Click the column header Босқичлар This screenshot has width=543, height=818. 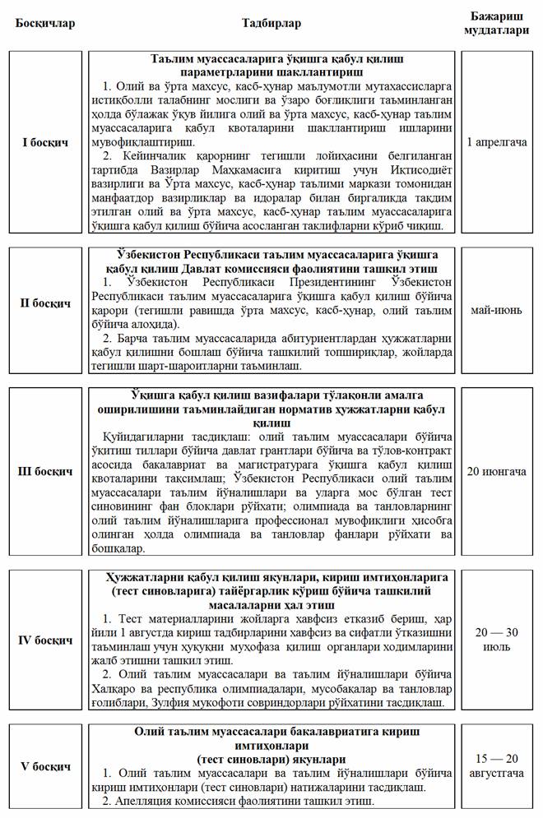[x=44, y=23]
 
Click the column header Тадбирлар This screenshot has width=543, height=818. [x=271, y=23]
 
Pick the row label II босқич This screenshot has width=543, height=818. [x=44, y=303]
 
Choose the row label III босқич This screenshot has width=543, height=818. [x=44, y=472]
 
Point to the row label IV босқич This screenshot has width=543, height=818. [x=44, y=639]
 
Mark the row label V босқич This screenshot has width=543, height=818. [x=44, y=766]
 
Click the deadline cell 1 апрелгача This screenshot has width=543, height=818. [x=497, y=142]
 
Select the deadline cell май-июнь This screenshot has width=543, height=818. [x=497, y=310]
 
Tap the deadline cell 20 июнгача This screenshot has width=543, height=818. [x=497, y=471]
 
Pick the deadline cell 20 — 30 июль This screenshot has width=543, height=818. [x=497, y=639]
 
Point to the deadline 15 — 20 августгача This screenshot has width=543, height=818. [x=497, y=767]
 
